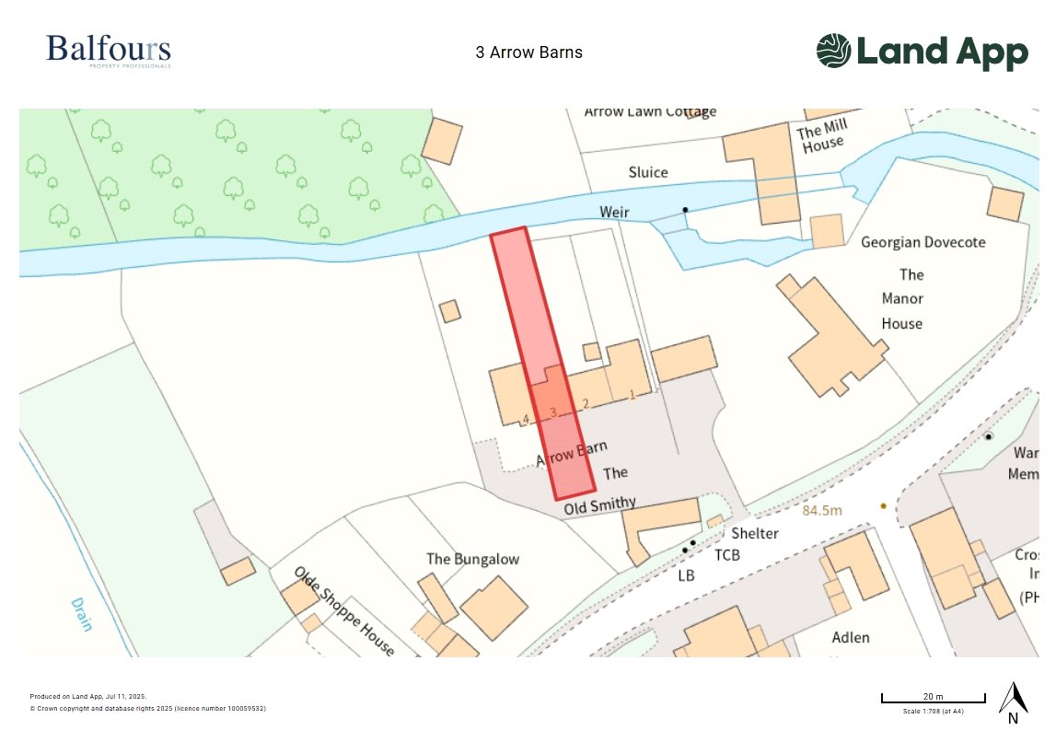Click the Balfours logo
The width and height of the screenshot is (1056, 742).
(x=109, y=51)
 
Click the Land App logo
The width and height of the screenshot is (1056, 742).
(x=922, y=52)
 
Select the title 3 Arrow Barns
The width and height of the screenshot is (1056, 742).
(x=528, y=52)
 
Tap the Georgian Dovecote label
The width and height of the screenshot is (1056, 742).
(x=923, y=242)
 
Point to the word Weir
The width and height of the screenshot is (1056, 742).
(x=614, y=213)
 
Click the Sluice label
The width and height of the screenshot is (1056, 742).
(x=648, y=172)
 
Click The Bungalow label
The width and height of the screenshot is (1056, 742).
(x=472, y=559)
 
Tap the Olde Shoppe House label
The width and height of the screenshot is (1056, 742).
(x=344, y=611)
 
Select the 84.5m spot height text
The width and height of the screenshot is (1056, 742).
(x=822, y=509)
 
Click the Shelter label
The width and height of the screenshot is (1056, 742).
(x=755, y=534)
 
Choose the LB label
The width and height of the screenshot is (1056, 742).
(x=686, y=575)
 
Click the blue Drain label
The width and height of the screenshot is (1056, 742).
(x=82, y=615)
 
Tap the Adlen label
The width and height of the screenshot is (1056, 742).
(x=850, y=637)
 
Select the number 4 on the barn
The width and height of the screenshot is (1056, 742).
(x=526, y=420)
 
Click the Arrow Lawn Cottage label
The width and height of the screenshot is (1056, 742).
(x=650, y=112)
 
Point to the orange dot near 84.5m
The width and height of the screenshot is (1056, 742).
(x=883, y=505)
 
